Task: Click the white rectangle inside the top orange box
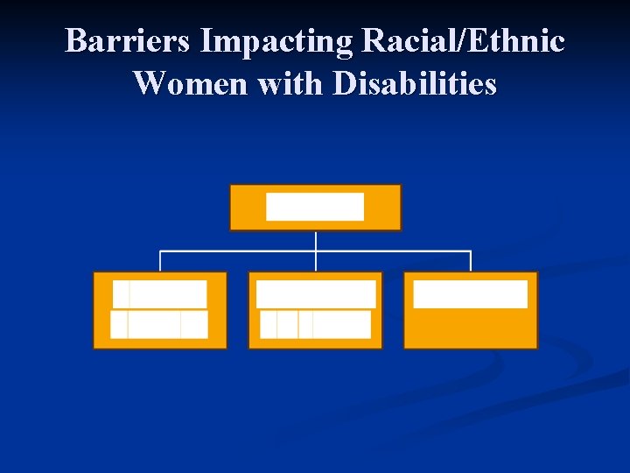pos(315,207)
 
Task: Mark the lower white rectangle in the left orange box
pos(159,324)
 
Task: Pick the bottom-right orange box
pos(470,328)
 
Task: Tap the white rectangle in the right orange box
pos(470,293)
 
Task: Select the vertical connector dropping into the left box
pos(160,261)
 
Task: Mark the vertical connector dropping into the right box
pos(471,261)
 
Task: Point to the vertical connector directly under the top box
pos(315,241)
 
